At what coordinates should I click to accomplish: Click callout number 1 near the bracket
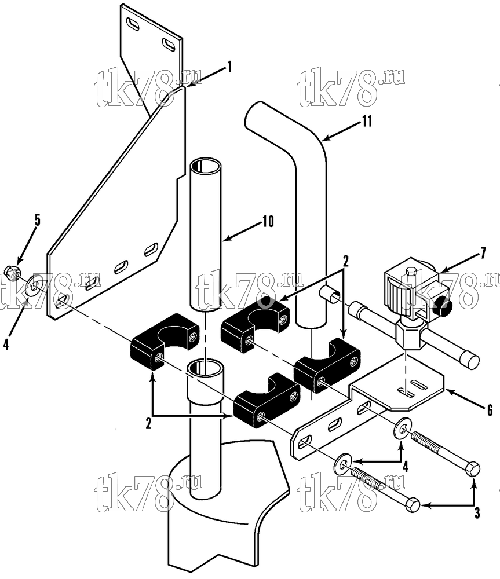[229, 67]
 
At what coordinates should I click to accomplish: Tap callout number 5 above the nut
[37, 221]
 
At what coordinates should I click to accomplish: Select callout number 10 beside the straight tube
[268, 221]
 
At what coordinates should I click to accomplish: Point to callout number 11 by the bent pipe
[367, 121]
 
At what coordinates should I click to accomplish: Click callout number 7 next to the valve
[483, 254]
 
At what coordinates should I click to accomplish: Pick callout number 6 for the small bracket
[490, 410]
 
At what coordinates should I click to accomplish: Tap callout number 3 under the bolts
[477, 513]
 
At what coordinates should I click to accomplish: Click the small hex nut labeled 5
[13, 273]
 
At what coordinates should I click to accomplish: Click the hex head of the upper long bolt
[472, 469]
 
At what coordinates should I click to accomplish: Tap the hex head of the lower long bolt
[413, 504]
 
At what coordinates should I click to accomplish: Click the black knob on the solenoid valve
[443, 305]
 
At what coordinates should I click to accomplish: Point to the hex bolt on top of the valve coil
[410, 273]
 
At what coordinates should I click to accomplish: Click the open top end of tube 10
[206, 165]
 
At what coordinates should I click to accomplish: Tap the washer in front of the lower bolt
[343, 461]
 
